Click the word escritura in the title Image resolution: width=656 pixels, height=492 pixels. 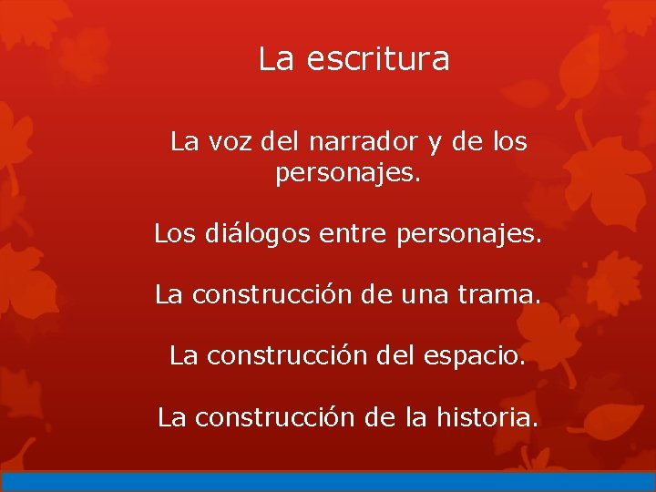378,59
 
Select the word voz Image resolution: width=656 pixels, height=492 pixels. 231,142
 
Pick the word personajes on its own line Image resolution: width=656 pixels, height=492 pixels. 348,173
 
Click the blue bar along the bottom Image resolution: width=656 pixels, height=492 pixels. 328,482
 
